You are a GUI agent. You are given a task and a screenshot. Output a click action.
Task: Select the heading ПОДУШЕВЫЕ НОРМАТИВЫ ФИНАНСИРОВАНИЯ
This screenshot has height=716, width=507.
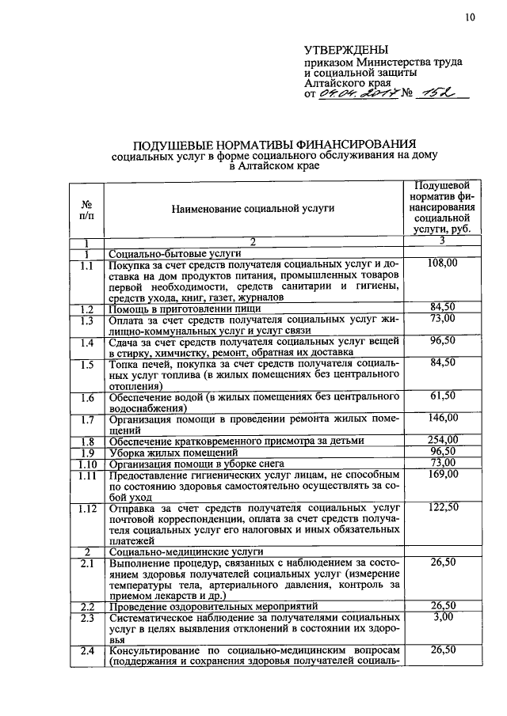click(x=274, y=145)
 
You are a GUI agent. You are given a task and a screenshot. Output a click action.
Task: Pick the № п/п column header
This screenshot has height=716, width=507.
click(x=86, y=209)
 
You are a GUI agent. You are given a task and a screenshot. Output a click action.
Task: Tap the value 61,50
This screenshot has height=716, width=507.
click(x=443, y=395)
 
